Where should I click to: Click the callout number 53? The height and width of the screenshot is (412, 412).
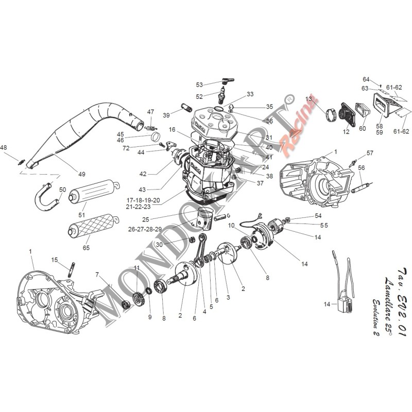[x=199, y=84]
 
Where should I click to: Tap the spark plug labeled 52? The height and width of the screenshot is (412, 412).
[x=222, y=95]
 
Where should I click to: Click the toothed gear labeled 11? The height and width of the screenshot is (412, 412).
[x=136, y=299]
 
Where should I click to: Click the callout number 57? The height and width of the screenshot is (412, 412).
[x=369, y=153]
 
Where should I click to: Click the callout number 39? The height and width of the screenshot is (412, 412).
[x=166, y=115]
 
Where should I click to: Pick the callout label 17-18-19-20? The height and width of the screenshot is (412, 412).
[x=146, y=200]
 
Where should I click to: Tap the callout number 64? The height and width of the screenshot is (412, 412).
[x=366, y=79]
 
